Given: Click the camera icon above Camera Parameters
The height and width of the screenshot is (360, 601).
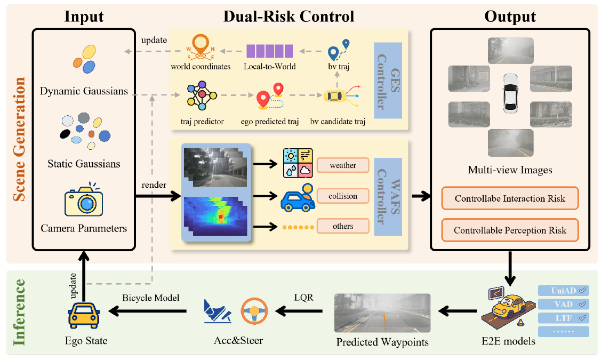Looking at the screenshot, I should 84,201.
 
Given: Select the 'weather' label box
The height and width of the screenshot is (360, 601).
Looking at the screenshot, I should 343,165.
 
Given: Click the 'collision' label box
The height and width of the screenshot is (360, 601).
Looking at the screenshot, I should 343,196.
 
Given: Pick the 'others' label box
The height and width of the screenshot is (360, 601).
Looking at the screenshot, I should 343,226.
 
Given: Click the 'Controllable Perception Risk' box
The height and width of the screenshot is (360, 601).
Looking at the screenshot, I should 510,230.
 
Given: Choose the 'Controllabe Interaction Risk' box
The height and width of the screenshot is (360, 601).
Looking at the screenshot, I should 510,199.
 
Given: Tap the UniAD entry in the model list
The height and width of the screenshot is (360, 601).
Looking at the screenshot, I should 563,291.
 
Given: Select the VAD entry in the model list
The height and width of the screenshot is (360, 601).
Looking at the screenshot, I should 563,304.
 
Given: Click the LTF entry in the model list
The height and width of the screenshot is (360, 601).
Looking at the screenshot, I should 563,318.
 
